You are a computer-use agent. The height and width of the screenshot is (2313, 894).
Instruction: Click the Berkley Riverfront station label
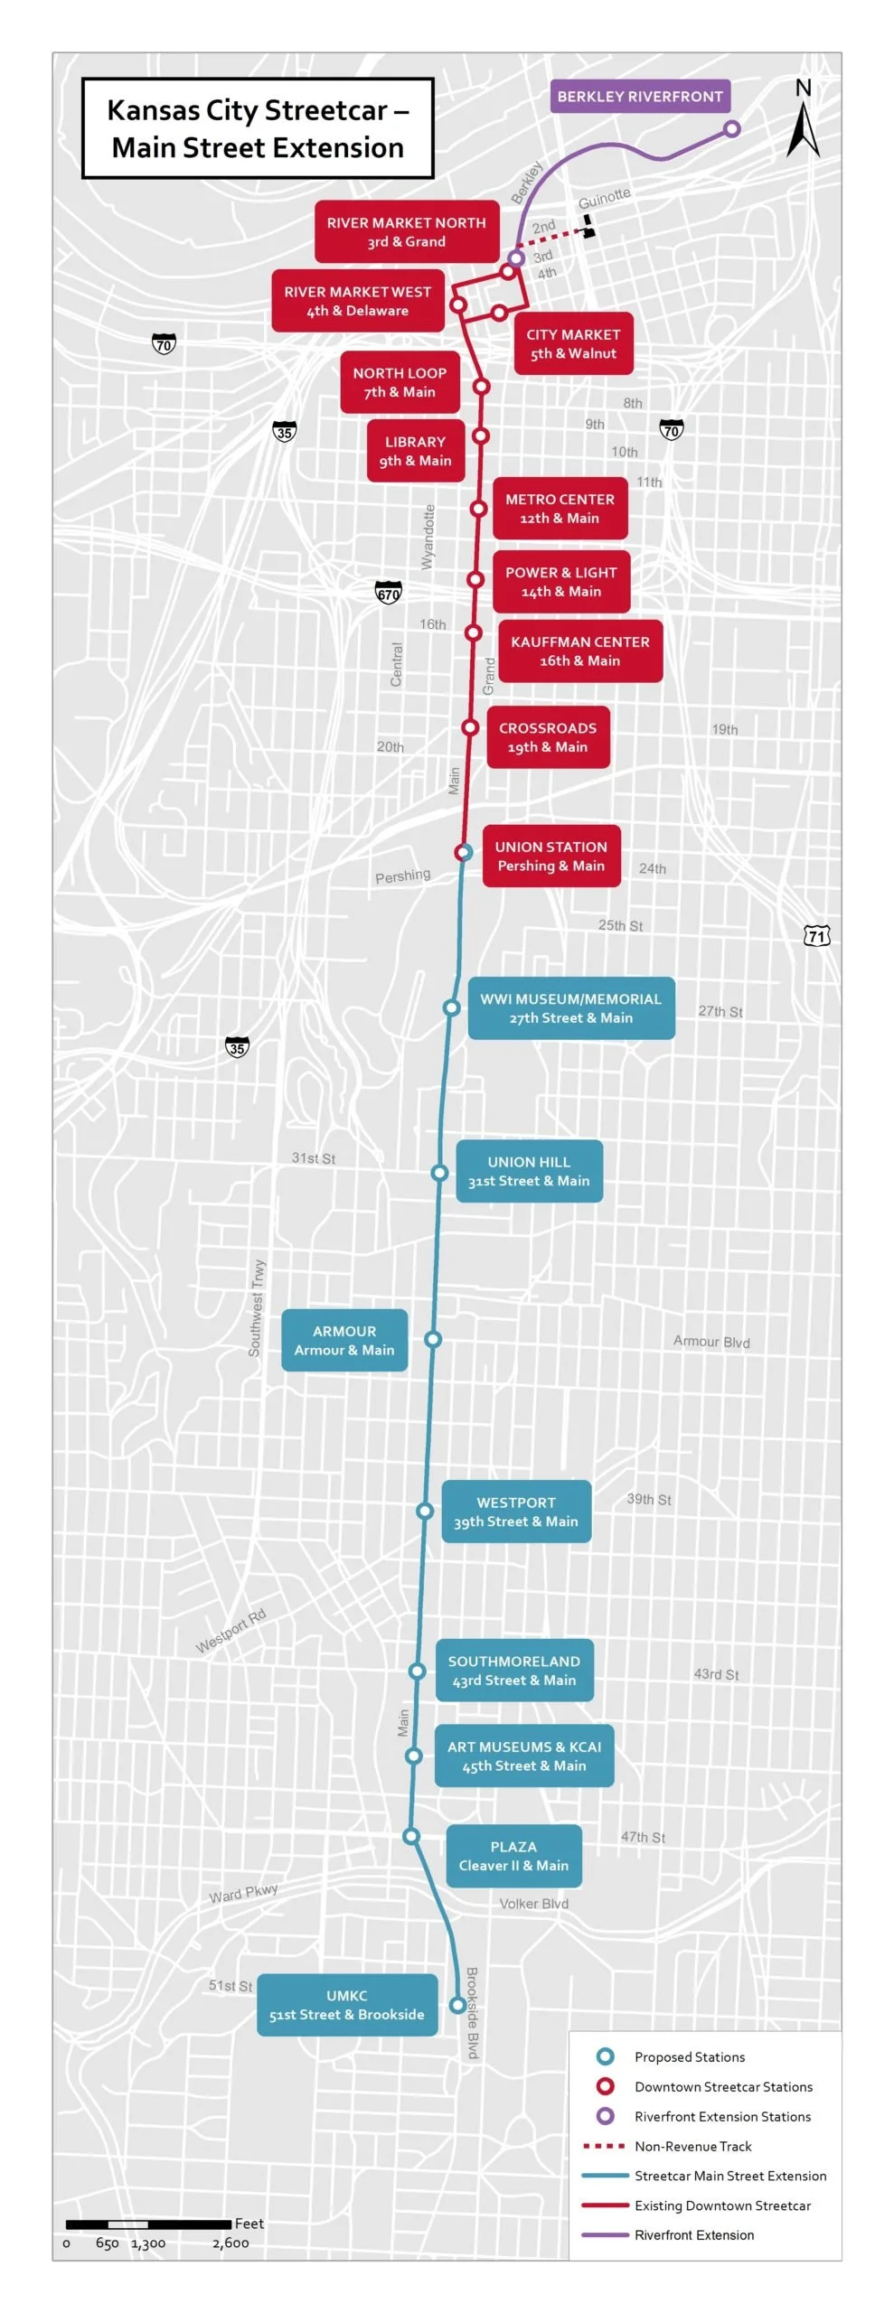tap(639, 97)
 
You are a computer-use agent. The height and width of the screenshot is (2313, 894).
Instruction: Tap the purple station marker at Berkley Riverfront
tap(732, 129)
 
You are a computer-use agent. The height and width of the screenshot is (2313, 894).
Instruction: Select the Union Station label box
tap(551, 856)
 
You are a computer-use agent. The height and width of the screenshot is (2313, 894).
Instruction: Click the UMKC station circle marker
tap(457, 2005)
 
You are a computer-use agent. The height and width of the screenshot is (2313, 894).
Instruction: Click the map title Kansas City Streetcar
tap(258, 128)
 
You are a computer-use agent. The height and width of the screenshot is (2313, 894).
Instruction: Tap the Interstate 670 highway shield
tap(388, 593)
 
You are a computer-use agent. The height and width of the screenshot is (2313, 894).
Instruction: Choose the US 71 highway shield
tap(817, 935)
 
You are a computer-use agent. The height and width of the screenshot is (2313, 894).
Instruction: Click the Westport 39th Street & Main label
tap(515, 1512)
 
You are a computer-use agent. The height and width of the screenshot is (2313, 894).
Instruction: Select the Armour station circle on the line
tap(433, 1339)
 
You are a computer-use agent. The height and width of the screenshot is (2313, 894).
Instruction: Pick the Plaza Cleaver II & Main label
tap(513, 1856)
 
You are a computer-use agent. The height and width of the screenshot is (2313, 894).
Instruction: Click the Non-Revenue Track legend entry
tap(692, 2146)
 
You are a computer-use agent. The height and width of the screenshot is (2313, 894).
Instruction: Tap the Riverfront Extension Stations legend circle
tap(606, 2116)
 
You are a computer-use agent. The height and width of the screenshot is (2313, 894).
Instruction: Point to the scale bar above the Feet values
tap(147, 2224)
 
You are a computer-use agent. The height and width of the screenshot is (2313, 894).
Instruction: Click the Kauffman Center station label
tap(579, 651)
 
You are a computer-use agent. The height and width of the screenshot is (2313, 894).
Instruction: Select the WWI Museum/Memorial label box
tap(570, 1007)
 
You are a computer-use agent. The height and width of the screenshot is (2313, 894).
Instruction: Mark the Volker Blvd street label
tap(533, 1904)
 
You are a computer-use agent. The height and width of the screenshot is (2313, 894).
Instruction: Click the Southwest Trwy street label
tap(257, 1307)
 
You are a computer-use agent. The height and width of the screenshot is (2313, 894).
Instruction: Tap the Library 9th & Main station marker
tap(481, 435)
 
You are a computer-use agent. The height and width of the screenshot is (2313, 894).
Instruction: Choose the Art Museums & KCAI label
tap(523, 1756)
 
